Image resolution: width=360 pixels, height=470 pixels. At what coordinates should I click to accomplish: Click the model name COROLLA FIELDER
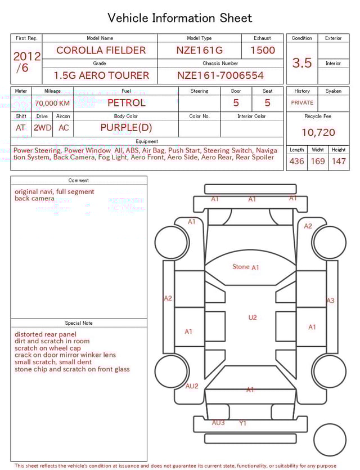point(101,50)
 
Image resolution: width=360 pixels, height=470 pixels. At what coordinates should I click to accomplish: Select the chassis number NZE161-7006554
point(220,75)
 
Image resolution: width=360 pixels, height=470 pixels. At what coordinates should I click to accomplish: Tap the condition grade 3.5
point(302,63)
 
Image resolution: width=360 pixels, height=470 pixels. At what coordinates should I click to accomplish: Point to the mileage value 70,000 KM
point(52,104)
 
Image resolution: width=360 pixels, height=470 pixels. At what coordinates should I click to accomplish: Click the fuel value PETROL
point(126,103)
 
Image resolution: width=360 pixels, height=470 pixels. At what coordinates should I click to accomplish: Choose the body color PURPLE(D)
point(126,128)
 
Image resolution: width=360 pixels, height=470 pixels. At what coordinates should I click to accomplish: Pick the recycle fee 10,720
point(318,133)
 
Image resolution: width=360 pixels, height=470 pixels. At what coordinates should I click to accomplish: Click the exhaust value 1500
point(262,50)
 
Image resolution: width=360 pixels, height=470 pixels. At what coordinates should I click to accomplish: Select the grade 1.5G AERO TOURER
point(101,75)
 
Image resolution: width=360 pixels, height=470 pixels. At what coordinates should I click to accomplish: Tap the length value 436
point(296,162)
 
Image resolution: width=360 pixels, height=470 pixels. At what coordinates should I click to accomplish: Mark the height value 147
point(339,162)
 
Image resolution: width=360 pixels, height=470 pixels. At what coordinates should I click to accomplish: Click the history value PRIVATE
point(302,103)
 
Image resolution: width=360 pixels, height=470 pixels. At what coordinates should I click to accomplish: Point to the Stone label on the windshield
point(241,267)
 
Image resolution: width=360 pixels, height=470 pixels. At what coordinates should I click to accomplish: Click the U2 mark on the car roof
point(253,318)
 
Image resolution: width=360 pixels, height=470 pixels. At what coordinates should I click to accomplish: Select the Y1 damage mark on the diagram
point(242,423)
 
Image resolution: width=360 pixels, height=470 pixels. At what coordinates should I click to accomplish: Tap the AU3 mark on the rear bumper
point(218,423)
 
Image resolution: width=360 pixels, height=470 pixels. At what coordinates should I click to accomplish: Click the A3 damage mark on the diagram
point(330,301)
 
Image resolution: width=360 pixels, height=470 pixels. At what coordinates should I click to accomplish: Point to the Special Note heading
point(79,323)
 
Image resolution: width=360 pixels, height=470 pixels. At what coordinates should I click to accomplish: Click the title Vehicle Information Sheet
point(180,18)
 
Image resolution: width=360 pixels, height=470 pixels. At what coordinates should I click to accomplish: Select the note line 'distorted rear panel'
point(45,334)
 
